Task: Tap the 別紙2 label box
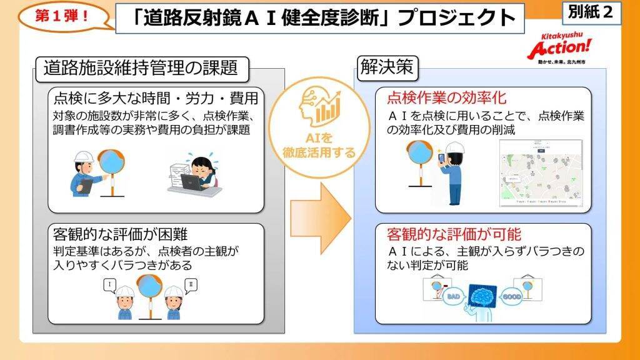(x=591, y=13)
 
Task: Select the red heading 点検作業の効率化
(x=446, y=98)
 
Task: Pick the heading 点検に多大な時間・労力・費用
(x=156, y=98)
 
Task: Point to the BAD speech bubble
(x=452, y=297)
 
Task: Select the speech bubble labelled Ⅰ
(x=111, y=284)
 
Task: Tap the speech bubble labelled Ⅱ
(x=190, y=286)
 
